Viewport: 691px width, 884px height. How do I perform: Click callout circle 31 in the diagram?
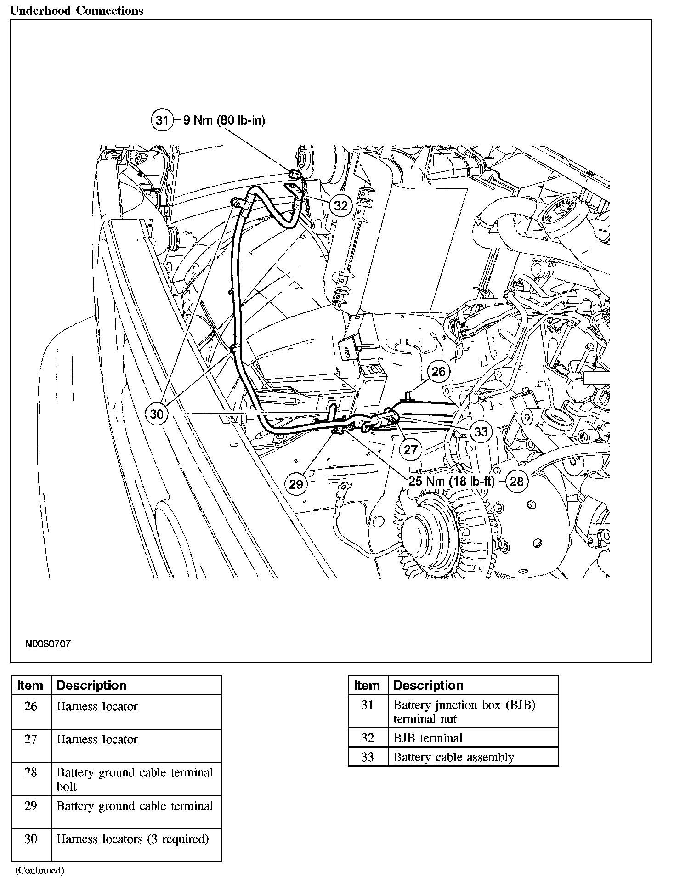162,120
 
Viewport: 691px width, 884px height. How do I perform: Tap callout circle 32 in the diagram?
340,205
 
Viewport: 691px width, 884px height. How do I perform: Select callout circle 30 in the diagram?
157,414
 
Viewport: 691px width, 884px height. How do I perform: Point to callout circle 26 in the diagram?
439,371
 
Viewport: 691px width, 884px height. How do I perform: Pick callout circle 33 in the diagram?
481,431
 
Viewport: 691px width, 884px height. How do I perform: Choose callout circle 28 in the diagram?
517,481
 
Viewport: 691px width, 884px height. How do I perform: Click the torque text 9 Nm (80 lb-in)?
224,120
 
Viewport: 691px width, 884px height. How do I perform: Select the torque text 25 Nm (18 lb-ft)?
452,481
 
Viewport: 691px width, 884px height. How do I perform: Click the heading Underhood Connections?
76,11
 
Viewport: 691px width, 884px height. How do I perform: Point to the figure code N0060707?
48,644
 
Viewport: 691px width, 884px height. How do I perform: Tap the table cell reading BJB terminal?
428,738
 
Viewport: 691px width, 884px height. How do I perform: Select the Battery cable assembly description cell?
453,757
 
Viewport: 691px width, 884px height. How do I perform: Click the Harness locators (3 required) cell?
132,839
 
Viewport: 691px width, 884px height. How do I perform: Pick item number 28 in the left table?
31,772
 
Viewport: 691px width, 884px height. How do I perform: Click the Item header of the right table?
367,685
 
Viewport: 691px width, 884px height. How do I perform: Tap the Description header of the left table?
91,685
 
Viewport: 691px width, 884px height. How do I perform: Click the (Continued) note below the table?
40,870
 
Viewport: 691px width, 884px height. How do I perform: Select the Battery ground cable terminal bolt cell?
135,779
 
